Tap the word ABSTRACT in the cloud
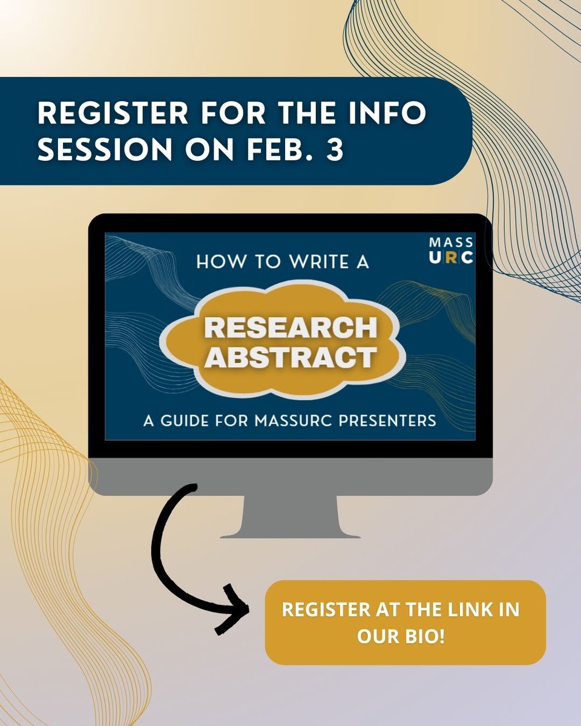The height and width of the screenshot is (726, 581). point(290,358)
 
